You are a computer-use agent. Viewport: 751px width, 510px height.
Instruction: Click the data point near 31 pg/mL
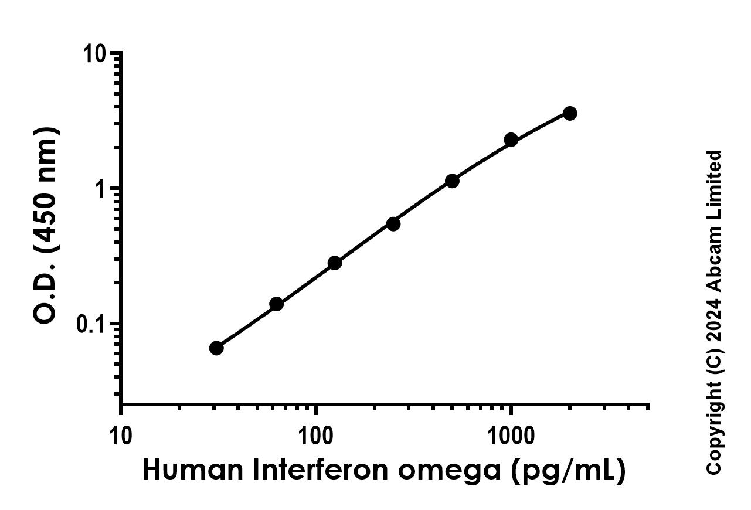pyautogui.click(x=216, y=348)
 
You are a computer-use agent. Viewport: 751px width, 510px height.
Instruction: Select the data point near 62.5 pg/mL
pyautogui.click(x=277, y=304)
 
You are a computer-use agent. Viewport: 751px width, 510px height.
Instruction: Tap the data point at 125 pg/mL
pyautogui.click(x=335, y=263)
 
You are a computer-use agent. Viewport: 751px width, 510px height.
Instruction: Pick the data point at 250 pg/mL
pyautogui.click(x=393, y=223)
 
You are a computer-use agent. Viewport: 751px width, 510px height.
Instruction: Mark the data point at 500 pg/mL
pyautogui.click(x=452, y=181)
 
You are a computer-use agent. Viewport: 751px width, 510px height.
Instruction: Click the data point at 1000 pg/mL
pyautogui.click(x=511, y=140)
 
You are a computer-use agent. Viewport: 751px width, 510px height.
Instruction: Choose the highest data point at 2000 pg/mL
pyautogui.click(x=569, y=113)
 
